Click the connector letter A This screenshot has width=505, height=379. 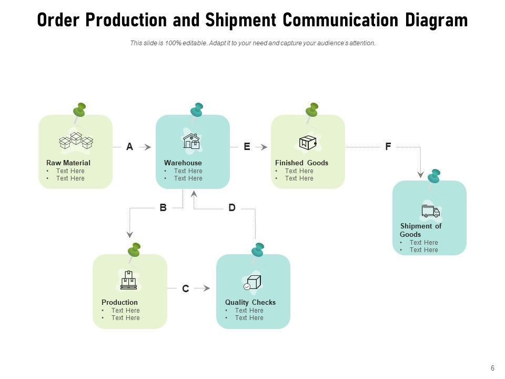tap(129, 147)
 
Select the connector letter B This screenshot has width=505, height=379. tap(163, 207)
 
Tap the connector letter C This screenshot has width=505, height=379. tap(186, 288)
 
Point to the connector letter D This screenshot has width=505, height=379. tap(232, 207)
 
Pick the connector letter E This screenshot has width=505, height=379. tap(247, 147)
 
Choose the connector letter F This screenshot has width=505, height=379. tap(388, 147)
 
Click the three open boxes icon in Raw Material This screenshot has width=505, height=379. tap(76, 141)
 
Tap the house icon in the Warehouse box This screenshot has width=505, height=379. tap(191, 141)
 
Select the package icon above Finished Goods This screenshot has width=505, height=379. tap(308, 143)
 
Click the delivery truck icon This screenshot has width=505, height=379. tap(431, 211)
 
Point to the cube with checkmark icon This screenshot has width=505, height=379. tap(252, 283)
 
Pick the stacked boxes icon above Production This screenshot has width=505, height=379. tap(128, 280)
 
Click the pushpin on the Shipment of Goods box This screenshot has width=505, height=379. tap(433, 177)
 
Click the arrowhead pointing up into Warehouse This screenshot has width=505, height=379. tap(194, 193)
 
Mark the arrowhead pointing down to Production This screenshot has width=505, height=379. tap(130, 234)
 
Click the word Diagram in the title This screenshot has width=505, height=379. tap(437, 20)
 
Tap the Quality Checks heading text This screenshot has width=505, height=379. tap(250, 302)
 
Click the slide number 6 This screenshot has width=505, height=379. tap(492, 368)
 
